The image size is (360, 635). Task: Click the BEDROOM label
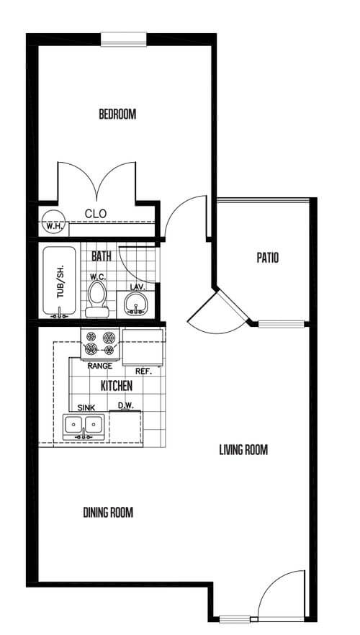[117, 114]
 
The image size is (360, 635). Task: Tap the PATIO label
[267, 257]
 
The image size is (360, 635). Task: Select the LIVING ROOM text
[243, 451]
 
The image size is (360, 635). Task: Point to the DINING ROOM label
[108, 513]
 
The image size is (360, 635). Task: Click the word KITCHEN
[116, 387]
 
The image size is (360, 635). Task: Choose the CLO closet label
[96, 213]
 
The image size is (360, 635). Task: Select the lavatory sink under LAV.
[135, 304]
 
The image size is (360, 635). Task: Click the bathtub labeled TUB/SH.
[60, 282]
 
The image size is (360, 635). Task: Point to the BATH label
[101, 256]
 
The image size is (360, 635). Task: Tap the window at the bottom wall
[235, 618]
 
